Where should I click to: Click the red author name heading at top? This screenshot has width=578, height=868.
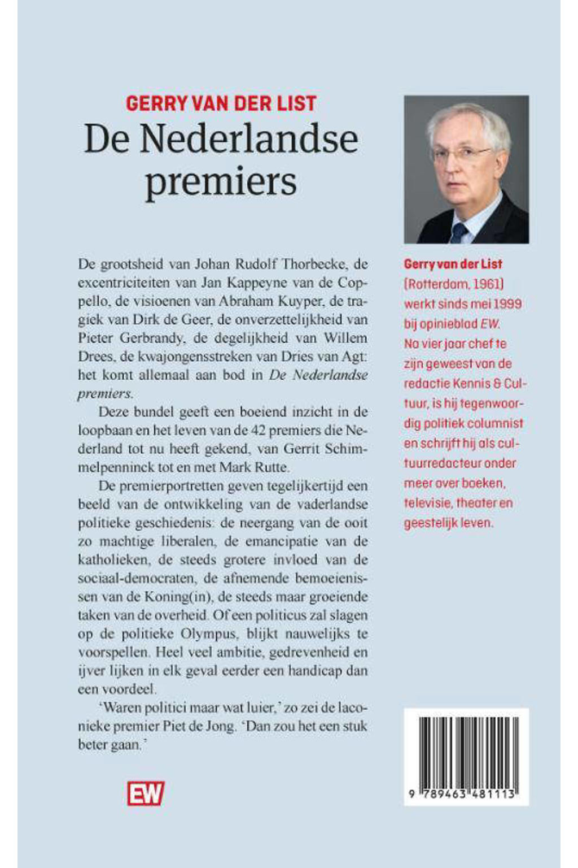[x=221, y=103]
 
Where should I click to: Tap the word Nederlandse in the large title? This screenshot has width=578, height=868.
[x=248, y=139]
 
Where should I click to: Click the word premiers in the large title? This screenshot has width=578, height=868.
[x=221, y=182]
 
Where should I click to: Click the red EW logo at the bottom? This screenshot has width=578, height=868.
[x=145, y=793]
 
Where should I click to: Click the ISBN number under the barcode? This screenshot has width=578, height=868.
[x=466, y=794]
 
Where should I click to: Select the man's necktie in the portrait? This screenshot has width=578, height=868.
[x=458, y=232]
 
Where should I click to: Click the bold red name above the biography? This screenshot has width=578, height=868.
[x=453, y=264]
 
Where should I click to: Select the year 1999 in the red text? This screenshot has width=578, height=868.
[x=507, y=303]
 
